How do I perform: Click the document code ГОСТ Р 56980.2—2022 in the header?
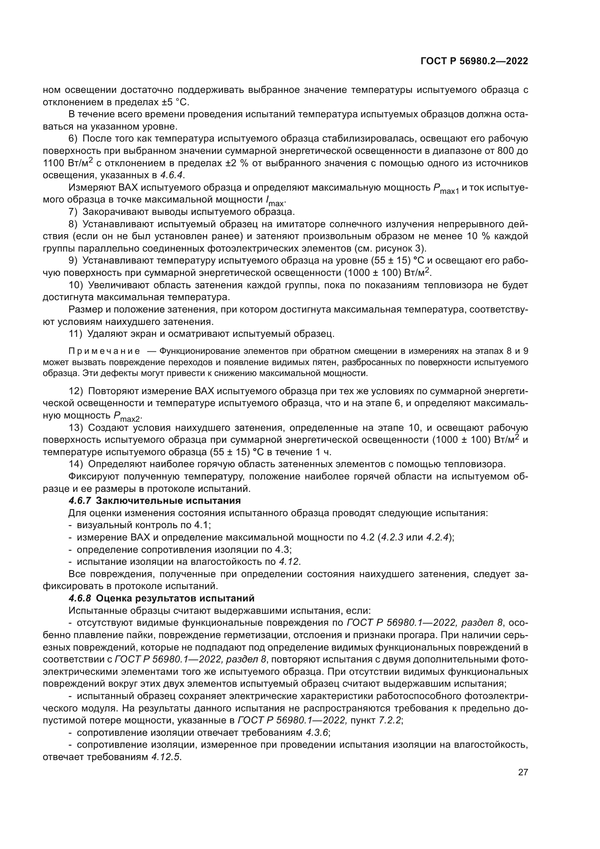[x=474, y=61]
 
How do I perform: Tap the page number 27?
[x=523, y=772]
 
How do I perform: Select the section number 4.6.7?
[x=79, y=501]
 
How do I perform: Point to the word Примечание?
[x=104, y=351]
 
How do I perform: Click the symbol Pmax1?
[x=446, y=189]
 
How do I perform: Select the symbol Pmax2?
[x=127, y=417]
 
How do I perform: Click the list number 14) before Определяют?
[x=76, y=464]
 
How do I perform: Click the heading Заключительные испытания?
[x=168, y=501]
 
